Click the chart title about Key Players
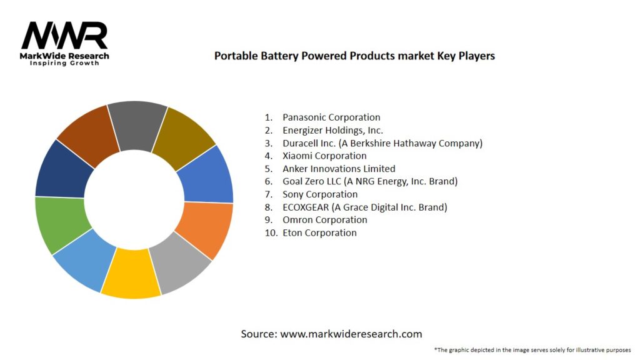[354, 56]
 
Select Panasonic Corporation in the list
[331, 117]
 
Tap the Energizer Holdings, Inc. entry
[332, 131]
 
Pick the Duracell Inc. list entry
[382, 143]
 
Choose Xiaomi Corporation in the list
[324, 156]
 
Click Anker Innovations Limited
[339, 169]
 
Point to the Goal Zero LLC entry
[370, 181]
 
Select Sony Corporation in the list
[320, 194]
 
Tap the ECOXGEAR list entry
[364, 207]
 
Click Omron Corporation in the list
[324, 220]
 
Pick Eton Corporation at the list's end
[319, 232]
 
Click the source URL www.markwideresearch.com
[351, 334]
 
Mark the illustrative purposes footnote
[532, 349]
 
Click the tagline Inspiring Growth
[64, 64]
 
